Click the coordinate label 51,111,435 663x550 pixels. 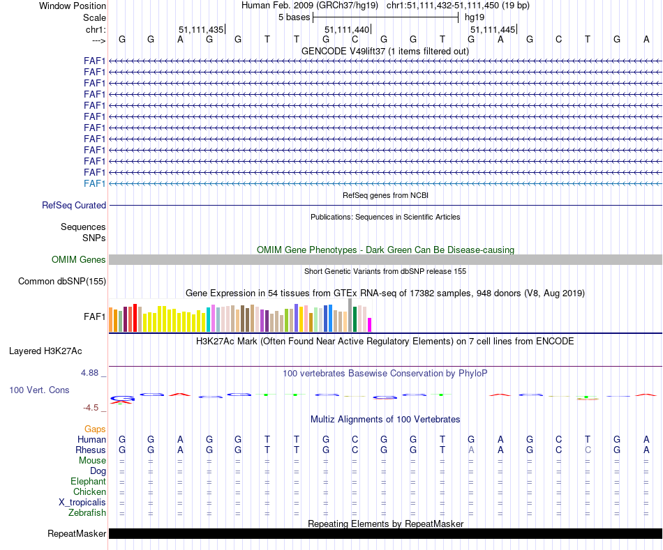click(x=201, y=30)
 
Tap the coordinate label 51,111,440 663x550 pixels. click(x=347, y=30)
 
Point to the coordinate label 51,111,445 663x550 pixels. click(x=493, y=30)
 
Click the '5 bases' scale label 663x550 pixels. click(x=294, y=17)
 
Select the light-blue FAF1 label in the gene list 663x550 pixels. click(x=95, y=183)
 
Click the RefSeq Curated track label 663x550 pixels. click(x=74, y=206)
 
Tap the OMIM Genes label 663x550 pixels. click(x=79, y=260)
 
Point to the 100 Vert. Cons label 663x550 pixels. click(x=39, y=390)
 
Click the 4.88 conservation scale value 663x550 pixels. click(x=90, y=373)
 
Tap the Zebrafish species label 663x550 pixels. click(x=87, y=513)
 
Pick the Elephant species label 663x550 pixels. click(x=89, y=482)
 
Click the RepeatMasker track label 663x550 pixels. click(x=77, y=534)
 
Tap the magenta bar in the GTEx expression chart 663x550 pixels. click(x=370, y=325)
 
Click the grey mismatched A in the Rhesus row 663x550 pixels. click(x=471, y=450)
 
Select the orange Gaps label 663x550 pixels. click(x=95, y=429)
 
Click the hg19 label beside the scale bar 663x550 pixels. click(x=475, y=17)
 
